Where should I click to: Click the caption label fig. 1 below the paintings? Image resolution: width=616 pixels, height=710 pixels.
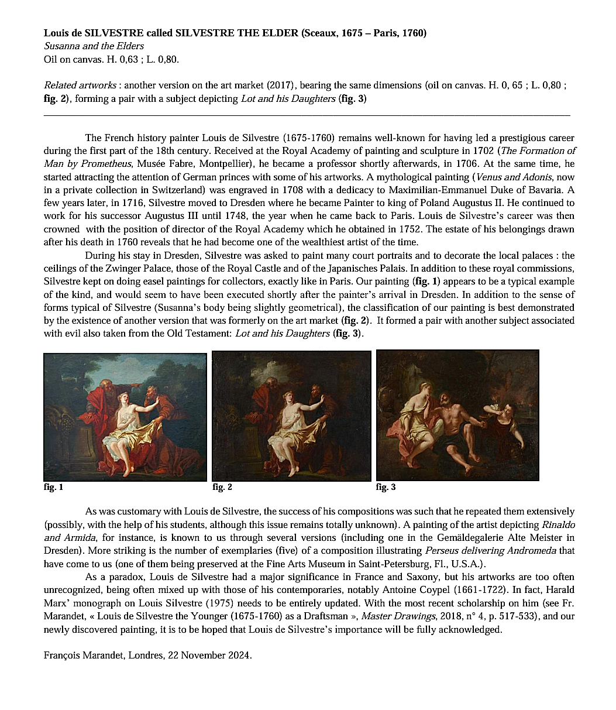[53, 487]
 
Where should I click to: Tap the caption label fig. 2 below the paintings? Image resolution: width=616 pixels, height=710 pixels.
[222, 487]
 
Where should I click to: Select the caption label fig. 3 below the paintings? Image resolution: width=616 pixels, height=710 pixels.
[386, 487]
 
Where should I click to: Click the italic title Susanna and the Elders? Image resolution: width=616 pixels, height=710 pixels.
[94, 46]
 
